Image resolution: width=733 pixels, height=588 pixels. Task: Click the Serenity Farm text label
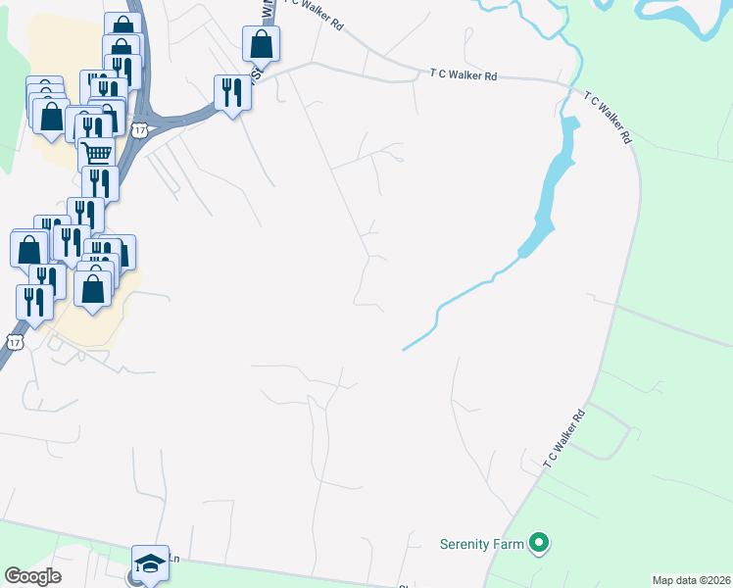pyautogui.click(x=480, y=542)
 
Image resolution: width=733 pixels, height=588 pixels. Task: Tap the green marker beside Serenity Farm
pyautogui.click(x=537, y=542)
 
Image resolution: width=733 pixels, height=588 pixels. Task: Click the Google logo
pyautogui.click(x=32, y=576)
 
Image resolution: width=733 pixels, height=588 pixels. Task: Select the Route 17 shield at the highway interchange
pyautogui.click(x=141, y=130)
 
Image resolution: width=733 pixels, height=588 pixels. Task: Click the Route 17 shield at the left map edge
pyautogui.click(x=13, y=341)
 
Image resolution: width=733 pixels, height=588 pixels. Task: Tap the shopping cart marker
pyautogui.click(x=96, y=154)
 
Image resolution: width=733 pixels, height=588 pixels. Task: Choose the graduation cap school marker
pyautogui.click(x=150, y=563)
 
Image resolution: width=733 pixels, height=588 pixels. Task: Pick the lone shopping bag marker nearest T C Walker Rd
pyautogui.click(x=262, y=42)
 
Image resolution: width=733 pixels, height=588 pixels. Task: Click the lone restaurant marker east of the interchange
pyautogui.click(x=232, y=93)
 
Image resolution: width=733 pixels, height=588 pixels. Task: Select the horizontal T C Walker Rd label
pyautogui.click(x=464, y=73)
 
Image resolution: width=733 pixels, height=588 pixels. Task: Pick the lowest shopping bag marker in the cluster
pyautogui.click(x=93, y=289)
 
